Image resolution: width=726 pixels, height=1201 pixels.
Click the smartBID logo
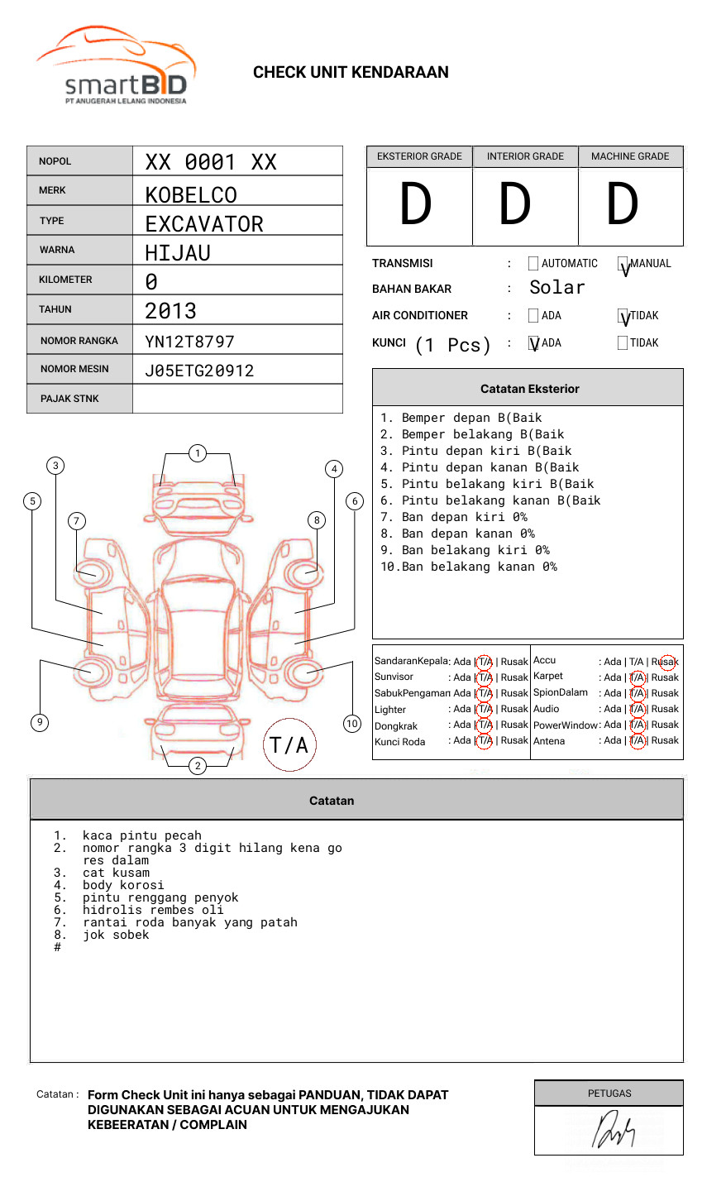[x=116, y=66]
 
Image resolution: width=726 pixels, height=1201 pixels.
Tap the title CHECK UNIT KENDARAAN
[x=351, y=73]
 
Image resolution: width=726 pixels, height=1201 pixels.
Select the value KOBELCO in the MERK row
[x=191, y=195]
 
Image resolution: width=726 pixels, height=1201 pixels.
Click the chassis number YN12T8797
[x=190, y=342]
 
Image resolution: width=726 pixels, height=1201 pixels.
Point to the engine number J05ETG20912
[x=199, y=371]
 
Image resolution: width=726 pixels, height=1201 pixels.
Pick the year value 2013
[x=170, y=311]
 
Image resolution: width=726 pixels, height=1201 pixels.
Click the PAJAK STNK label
[x=69, y=399]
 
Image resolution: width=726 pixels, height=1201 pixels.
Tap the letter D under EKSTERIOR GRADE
[x=416, y=205]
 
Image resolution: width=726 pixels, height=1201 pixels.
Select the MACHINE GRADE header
[x=630, y=156]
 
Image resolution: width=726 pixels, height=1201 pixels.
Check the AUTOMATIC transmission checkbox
[x=533, y=264]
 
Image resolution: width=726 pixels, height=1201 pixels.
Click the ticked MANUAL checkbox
[x=623, y=265]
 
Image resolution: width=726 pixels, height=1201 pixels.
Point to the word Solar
[x=557, y=288]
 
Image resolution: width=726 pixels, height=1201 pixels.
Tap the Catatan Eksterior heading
[x=529, y=389]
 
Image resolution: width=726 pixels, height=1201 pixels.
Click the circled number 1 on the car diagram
[x=197, y=452]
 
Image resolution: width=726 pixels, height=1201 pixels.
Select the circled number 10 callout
[x=352, y=724]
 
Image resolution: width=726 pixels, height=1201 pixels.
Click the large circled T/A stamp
[x=289, y=745]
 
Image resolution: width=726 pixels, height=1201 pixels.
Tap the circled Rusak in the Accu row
[x=666, y=662]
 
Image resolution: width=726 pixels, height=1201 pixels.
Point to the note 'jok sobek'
[x=116, y=935]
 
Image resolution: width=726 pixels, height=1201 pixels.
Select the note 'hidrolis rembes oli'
[x=153, y=910]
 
